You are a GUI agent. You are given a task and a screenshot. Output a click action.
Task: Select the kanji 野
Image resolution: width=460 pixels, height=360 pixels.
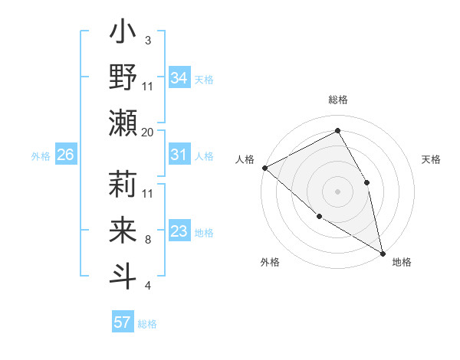[123, 78]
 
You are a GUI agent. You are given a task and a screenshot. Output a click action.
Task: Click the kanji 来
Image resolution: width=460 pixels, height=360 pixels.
[123, 231]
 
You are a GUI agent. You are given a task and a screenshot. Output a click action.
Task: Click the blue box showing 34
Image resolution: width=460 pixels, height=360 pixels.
[179, 77]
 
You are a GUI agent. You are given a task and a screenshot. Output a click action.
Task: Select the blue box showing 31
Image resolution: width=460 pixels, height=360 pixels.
[179, 155]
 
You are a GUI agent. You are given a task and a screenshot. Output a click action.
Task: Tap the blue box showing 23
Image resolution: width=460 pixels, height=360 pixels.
[179, 231]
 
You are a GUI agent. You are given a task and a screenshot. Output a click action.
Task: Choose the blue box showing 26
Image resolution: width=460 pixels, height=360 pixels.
[65, 155]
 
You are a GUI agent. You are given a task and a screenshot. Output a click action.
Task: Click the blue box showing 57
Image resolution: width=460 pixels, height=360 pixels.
[123, 322]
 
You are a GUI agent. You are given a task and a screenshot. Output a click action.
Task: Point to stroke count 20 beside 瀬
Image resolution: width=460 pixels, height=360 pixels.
[148, 132]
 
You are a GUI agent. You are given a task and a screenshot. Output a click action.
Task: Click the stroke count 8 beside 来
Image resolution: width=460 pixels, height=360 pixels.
[148, 240]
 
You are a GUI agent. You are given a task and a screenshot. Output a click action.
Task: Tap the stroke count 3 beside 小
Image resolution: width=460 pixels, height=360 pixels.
[148, 40]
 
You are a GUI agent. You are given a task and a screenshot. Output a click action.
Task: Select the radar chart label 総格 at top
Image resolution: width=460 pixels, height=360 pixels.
[337, 100]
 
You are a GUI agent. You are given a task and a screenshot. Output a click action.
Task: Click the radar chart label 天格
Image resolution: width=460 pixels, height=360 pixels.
[431, 159]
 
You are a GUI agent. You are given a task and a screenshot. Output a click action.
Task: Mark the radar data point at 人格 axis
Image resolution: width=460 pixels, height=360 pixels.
[264, 167]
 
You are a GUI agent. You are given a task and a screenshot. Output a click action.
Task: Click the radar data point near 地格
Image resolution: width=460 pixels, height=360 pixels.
[382, 252]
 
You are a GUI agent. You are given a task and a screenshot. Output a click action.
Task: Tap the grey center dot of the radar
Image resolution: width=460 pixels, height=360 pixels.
[337, 191]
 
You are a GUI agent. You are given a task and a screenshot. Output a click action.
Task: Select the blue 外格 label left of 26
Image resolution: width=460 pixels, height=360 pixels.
[41, 155]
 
